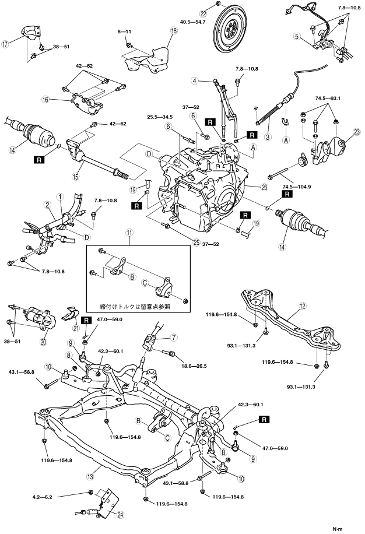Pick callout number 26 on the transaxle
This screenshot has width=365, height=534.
pos(250,187)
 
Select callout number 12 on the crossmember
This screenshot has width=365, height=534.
pos(302,305)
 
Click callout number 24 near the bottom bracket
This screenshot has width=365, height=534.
pos(120,514)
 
